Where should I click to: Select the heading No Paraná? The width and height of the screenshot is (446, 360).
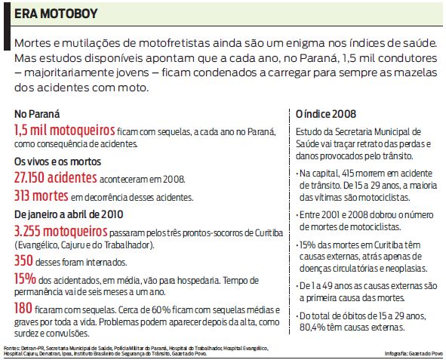coord(35,113)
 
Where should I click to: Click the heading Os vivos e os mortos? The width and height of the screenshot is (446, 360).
coord(57,162)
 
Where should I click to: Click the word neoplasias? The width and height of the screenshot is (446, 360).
coord(407,268)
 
